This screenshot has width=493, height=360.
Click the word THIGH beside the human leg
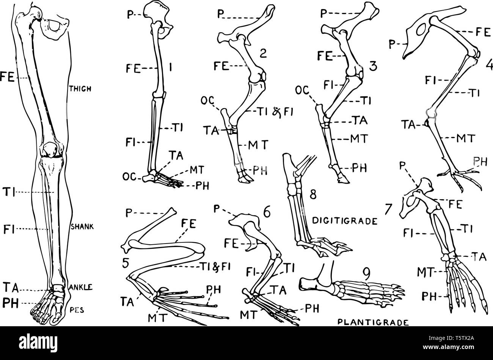pyautogui.click(x=80, y=89)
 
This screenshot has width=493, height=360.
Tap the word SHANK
pyautogui.click(x=82, y=226)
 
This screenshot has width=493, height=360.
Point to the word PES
pyautogui.click(x=77, y=310)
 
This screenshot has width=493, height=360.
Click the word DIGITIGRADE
pyautogui.click(x=345, y=221)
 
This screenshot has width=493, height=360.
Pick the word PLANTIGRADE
pyautogui.click(x=373, y=322)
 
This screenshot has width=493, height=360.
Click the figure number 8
pyautogui.click(x=313, y=194)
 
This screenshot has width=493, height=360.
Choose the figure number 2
pyautogui.click(x=262, y=53)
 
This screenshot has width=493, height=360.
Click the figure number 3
pyautogui.click(x=373, y=66)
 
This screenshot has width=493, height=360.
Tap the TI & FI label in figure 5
pyautogui.click(x=215, y=267)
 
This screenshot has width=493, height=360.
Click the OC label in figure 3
pyautogui.click(x=302, y=90)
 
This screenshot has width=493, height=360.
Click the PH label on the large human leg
pyautogui.click(x=11, y=303)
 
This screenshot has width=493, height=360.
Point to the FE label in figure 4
pyautogui.click(x=483, y=32)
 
